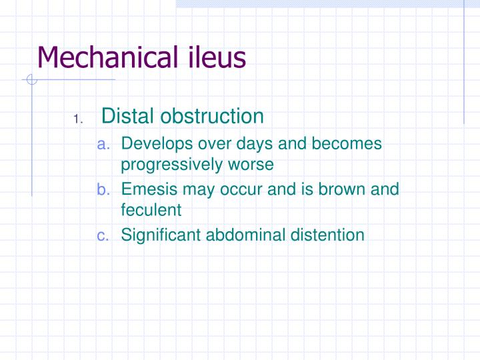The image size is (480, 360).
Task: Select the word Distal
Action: coord(128,116)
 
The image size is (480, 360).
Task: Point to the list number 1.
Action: coord(77,120)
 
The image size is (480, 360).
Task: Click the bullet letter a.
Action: coord(103,144)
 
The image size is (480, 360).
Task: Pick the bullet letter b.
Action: coord(103,189)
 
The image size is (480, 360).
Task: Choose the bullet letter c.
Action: coord(103,235)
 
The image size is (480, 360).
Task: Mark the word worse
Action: coord(251,165)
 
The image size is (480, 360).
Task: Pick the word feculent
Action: coord(151,210)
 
